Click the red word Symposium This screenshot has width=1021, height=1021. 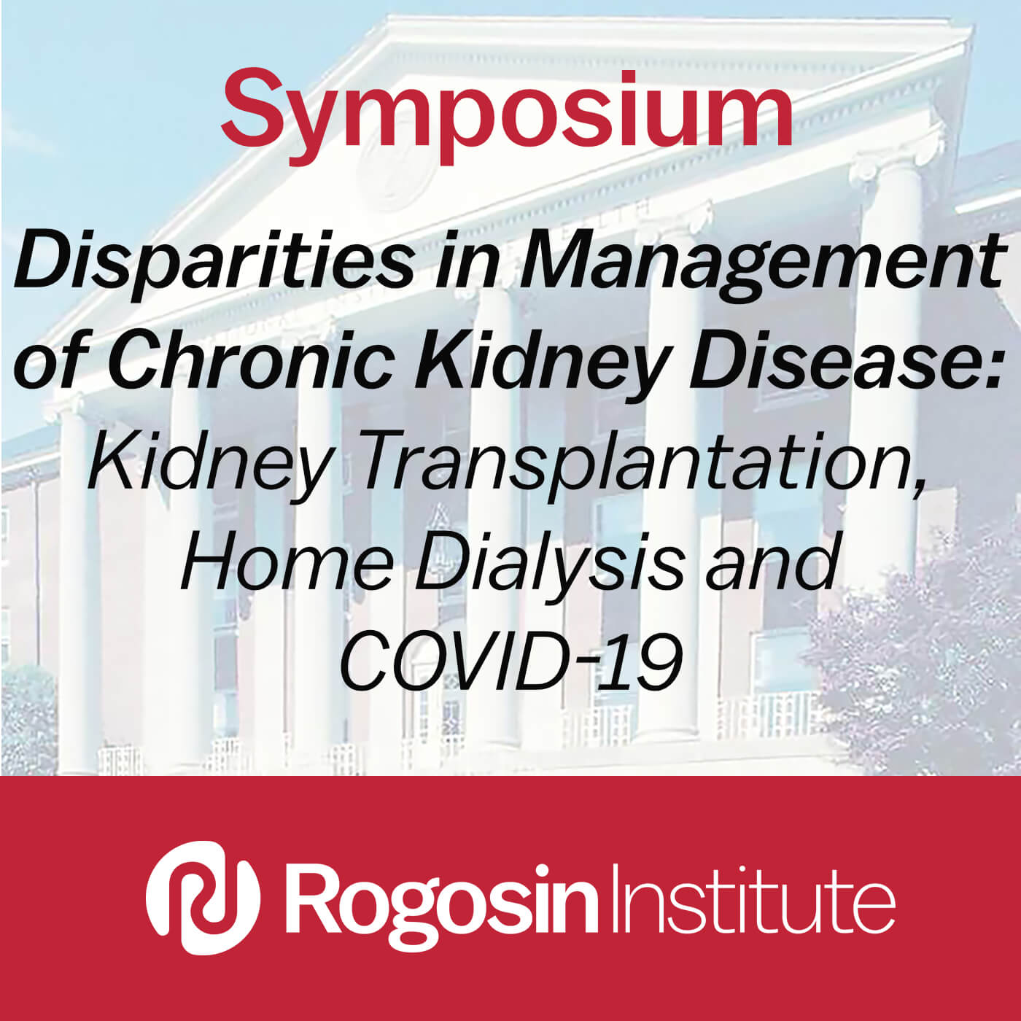(507, 115)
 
